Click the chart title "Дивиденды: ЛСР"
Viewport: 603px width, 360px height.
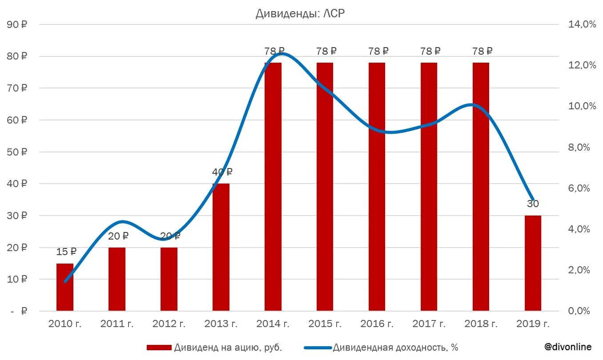pos(300,14)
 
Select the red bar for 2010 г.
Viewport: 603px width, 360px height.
pos(65,287)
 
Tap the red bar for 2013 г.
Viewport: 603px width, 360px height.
pos(221,247)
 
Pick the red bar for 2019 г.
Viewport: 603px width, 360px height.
pos(533,263)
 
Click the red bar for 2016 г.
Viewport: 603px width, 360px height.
pos(377,187)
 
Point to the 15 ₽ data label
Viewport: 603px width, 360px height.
pos(66,252)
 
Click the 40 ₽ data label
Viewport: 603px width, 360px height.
pos(222,172)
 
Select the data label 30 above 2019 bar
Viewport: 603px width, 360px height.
pos(533,204)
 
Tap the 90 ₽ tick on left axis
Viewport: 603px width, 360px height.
pos(17,25)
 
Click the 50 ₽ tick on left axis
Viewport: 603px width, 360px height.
pos(17,152)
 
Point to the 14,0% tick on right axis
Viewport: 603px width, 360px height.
pos(582,25)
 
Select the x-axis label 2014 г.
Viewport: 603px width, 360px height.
pos(273,324)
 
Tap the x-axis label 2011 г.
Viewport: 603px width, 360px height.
pos(117,324)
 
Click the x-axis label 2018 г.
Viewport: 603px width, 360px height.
pos(481,324)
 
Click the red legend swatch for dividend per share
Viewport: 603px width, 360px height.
pos(159,348)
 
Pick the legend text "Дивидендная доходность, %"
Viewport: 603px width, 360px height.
pos(395,348)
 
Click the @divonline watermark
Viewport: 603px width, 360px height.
pos(568,347)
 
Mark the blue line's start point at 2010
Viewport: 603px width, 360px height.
pos(65,281)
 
